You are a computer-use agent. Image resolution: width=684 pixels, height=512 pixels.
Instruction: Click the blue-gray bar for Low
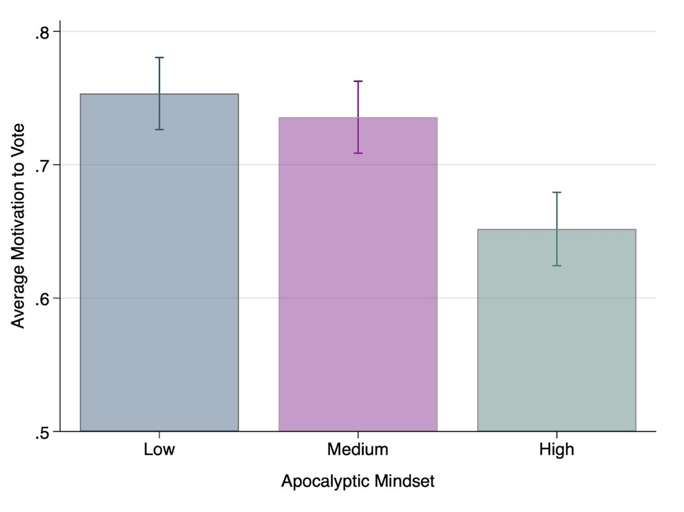[x=159, y=262]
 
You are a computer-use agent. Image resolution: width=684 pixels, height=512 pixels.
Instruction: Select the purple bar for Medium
[x=358, y=274]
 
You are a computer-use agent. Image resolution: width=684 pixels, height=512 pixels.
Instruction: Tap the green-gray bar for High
[x=557, y=330]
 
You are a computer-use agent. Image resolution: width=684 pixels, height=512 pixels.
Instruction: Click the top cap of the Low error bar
[x=159, y=58]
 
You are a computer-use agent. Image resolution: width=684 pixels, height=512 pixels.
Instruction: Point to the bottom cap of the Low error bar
[x=159, y=130]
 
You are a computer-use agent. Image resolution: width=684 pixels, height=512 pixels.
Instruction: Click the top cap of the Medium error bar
[x=358, y=81]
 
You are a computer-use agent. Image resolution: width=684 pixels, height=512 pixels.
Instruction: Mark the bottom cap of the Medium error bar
[x=358, y=153]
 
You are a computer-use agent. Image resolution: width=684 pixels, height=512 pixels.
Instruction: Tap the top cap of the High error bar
[x=557, y=192]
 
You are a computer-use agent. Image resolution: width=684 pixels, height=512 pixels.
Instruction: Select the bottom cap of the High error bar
[x=557, y=265]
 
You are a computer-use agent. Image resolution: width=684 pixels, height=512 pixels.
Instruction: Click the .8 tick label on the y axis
[x=43, y=33]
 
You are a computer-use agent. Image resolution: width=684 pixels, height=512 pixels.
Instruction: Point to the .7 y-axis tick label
[x=43, y=166]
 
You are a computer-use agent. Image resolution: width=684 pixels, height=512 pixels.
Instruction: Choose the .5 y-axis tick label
[x=43, y=433]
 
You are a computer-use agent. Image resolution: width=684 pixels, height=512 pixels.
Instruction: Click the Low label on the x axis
[x=159, y=449]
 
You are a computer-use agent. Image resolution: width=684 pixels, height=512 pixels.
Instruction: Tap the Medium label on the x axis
[x=358, y=449]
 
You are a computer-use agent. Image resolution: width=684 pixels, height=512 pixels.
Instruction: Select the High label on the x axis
[x=557, y=449]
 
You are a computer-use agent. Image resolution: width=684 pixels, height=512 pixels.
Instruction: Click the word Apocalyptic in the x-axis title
[x=326, y=482]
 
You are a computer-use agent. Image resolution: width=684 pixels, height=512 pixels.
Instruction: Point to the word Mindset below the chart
[x=405, y=481]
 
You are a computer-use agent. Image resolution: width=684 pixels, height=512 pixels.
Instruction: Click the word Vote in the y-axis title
[x=18, y=139]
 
